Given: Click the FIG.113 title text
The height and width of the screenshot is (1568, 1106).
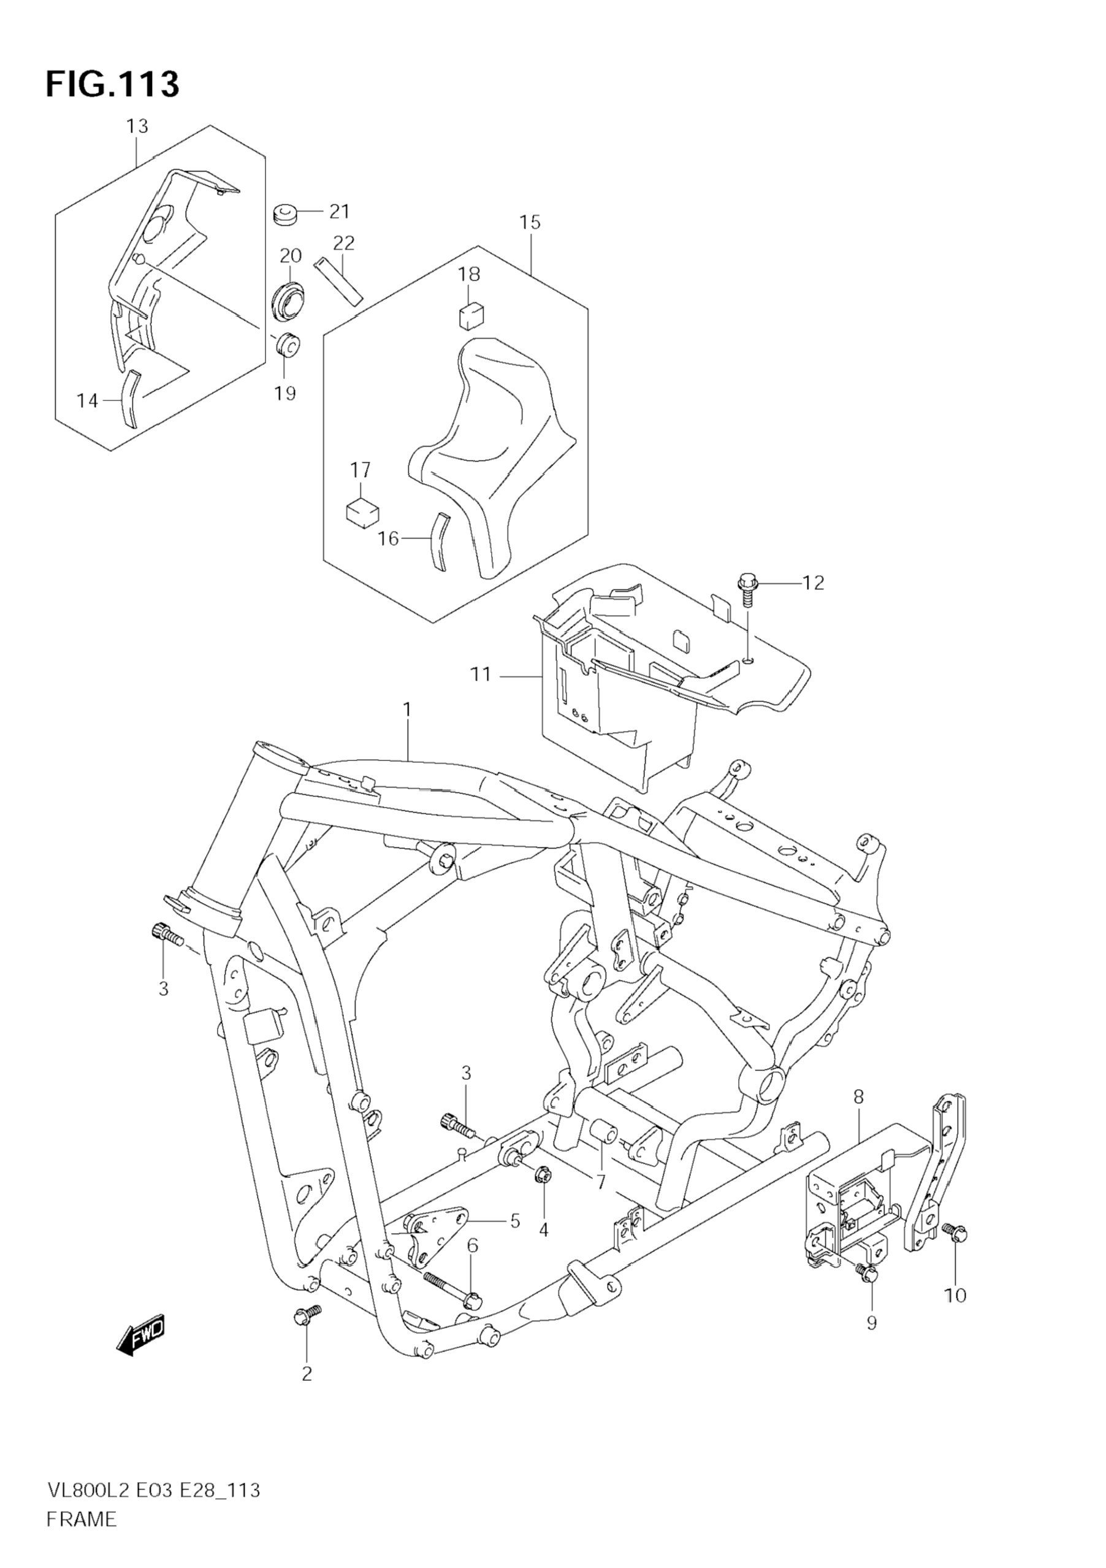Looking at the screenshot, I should [113, 85].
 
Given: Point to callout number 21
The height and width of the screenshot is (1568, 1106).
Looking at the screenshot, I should [338, 212].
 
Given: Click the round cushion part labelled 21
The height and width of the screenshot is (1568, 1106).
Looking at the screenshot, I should [284, 214].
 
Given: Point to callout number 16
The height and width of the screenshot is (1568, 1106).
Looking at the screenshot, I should [388, 539].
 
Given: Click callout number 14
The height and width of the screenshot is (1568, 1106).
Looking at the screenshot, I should [88, 401].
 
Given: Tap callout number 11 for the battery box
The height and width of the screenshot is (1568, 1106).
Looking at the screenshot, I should [481, 675].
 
